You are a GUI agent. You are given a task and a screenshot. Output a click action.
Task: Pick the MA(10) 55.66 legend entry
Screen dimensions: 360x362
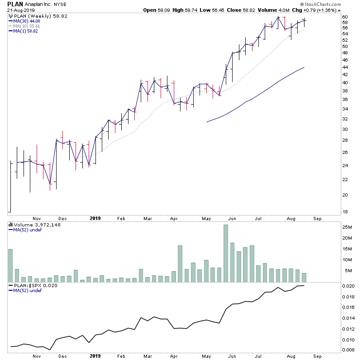pyautogui.click(x=27, y=25)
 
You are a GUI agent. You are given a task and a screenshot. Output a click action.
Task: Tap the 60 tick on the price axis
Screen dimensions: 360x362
pyautogui.click(x=345, y=17)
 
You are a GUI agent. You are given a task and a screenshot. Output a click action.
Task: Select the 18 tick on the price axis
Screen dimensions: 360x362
pyautogui.click(x=345, y=212)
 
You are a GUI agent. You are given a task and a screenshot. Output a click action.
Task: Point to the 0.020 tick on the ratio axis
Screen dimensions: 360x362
pyautogui.click(x=348, y=286)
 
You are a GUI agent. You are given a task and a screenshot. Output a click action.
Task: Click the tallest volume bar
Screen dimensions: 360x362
pyautogui.click(x=225, y=254)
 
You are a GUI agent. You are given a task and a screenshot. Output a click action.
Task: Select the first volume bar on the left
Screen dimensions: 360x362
pyautogui.click(x=10, y=266)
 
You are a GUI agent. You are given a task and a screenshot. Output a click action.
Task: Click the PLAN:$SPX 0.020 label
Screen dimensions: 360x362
pyautogui.click(x=29, y=285)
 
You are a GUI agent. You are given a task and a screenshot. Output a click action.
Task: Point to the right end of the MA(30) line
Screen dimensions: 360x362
pyautogui.click(x=304, y=67)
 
